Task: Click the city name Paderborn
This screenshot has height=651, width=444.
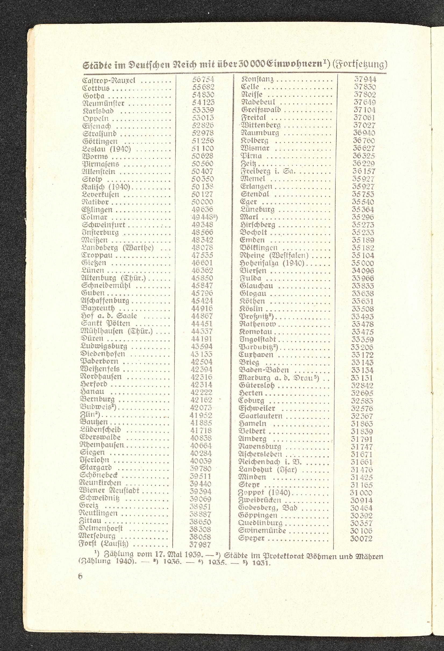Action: [99, 362]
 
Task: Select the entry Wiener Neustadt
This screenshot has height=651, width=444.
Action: [109, 491]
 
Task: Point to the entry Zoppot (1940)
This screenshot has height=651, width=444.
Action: [264, 493]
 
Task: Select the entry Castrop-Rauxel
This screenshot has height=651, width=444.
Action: [109, 81]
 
